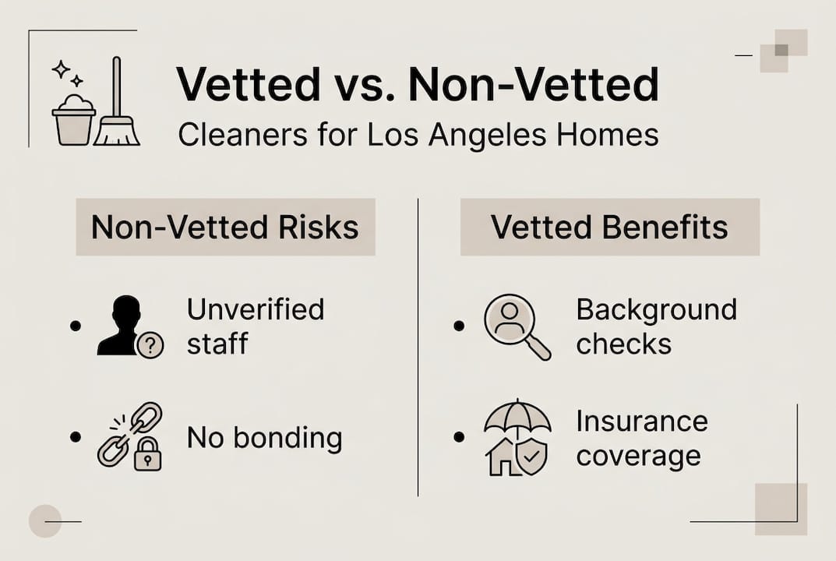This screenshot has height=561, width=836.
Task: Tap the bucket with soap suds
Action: [73, 121]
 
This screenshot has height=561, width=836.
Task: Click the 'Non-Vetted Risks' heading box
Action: [225, 227]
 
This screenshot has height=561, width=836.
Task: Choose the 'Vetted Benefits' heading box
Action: [609, 227]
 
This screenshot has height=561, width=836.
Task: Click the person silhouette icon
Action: [120, 325]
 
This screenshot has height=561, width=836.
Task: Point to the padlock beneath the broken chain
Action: [147, 456]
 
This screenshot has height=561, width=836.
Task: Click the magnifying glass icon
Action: [516, 326]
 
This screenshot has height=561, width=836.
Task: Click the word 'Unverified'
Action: [256, 309]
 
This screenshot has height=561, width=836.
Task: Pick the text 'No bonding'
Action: [264, 438]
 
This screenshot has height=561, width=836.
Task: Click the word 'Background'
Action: [656, 309]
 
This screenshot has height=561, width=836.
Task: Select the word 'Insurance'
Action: [642, 422]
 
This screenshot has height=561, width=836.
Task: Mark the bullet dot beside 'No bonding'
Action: [76, 437]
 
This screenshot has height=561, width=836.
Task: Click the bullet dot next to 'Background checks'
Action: [460, 325]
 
